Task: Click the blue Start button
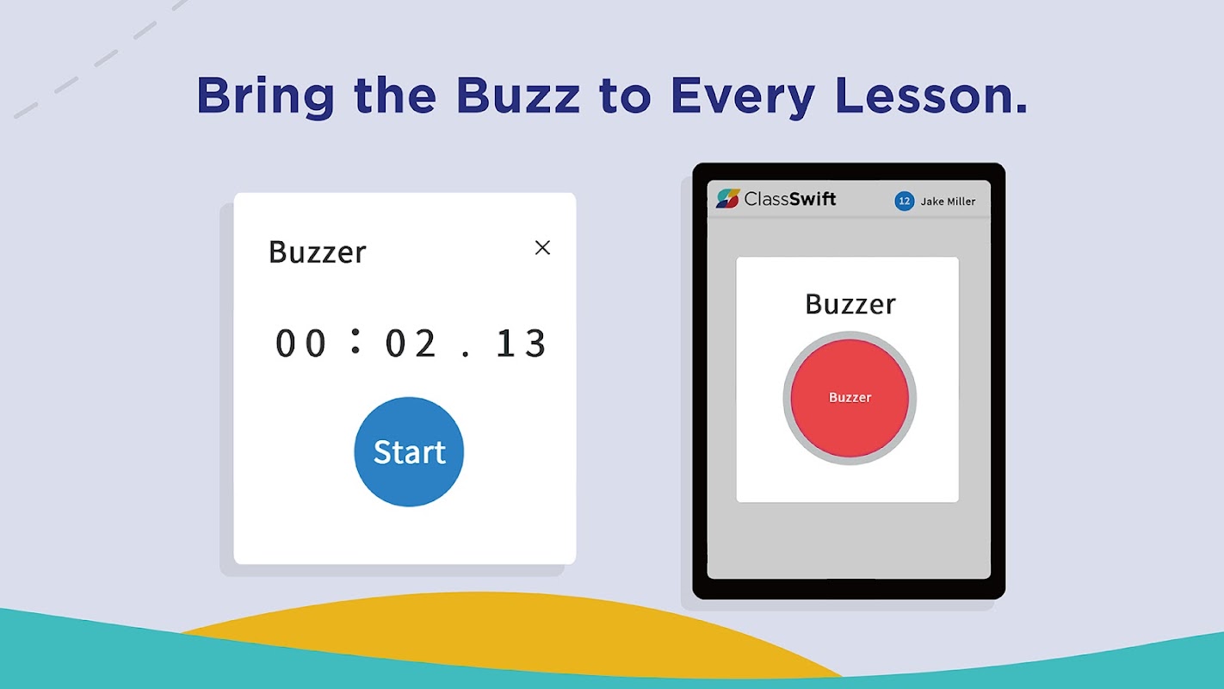tap(409, 451)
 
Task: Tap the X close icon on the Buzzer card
tap(542, 248)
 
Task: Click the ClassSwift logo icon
tap(728, 198)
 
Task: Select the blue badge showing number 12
tap(904, 202)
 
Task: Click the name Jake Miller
tap(948, 202)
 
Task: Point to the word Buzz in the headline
tap(517, 96)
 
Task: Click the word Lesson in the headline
tap(931, 96)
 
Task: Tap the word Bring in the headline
tap(266, 97)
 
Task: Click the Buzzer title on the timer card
tap(317, 252)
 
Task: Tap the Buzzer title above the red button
tap(850, 304)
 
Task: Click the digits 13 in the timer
tap(521, 344)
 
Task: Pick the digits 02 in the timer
tap(411, 344)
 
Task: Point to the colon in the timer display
tap(355, 340)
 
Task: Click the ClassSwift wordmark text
tap(790, 198)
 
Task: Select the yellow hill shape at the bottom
tap(491, 635)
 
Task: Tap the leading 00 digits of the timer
tap(300, 344)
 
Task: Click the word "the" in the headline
tap(395, 96)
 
